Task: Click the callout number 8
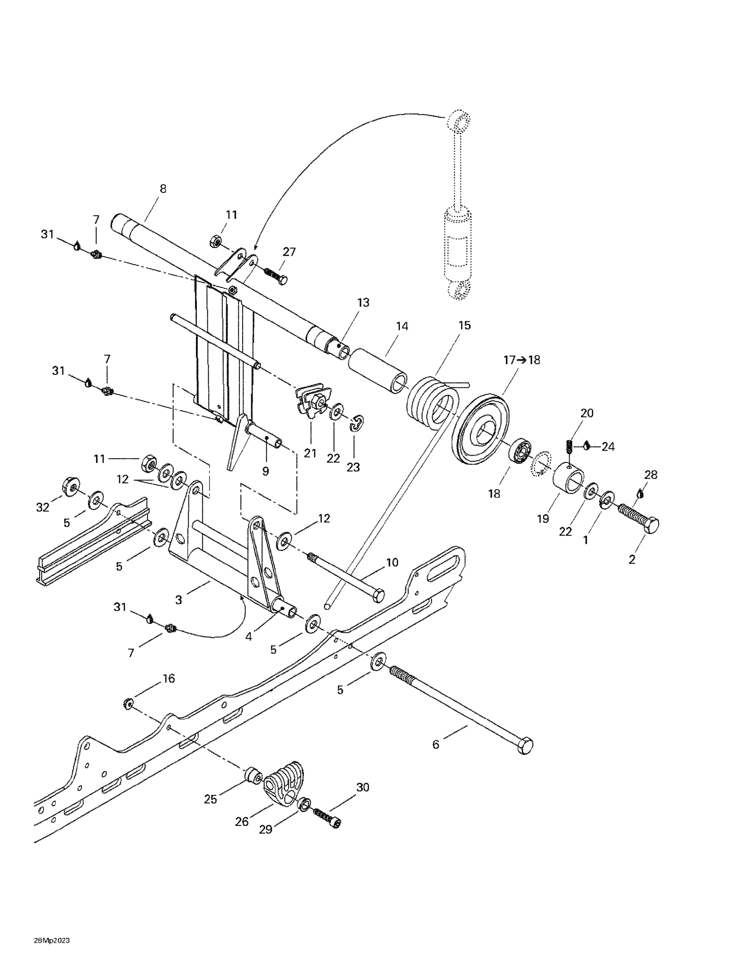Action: point(163,189)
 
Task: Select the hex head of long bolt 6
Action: point(525,745)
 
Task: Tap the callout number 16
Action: point(169,679)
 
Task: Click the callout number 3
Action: point(179,600)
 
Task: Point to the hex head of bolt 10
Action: point(378,595)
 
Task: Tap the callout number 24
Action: point(608,446)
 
